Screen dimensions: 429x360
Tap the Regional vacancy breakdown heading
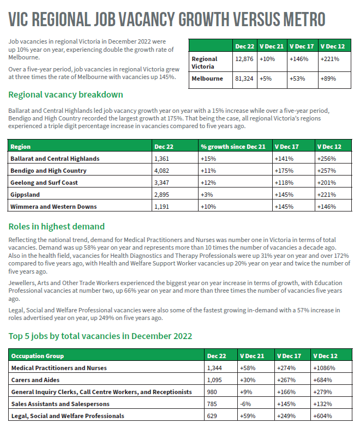coord(66,95)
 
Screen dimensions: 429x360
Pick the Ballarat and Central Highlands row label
coord(55,159)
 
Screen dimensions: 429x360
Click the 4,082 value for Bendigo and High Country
coord(163,171)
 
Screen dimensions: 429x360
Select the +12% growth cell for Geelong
coord(208,183)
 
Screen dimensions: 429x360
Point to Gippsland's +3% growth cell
coord(206,195)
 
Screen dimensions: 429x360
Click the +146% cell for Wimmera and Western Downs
coord(326,207)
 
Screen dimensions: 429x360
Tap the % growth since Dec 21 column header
coord(233,147)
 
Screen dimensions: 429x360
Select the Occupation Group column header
coord(38,356)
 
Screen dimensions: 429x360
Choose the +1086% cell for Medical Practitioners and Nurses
coord(324,368)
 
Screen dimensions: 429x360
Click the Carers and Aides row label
coord(35,380)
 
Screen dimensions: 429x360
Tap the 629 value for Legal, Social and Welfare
coord(212,416)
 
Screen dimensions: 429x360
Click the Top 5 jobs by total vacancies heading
coord(100,336)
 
